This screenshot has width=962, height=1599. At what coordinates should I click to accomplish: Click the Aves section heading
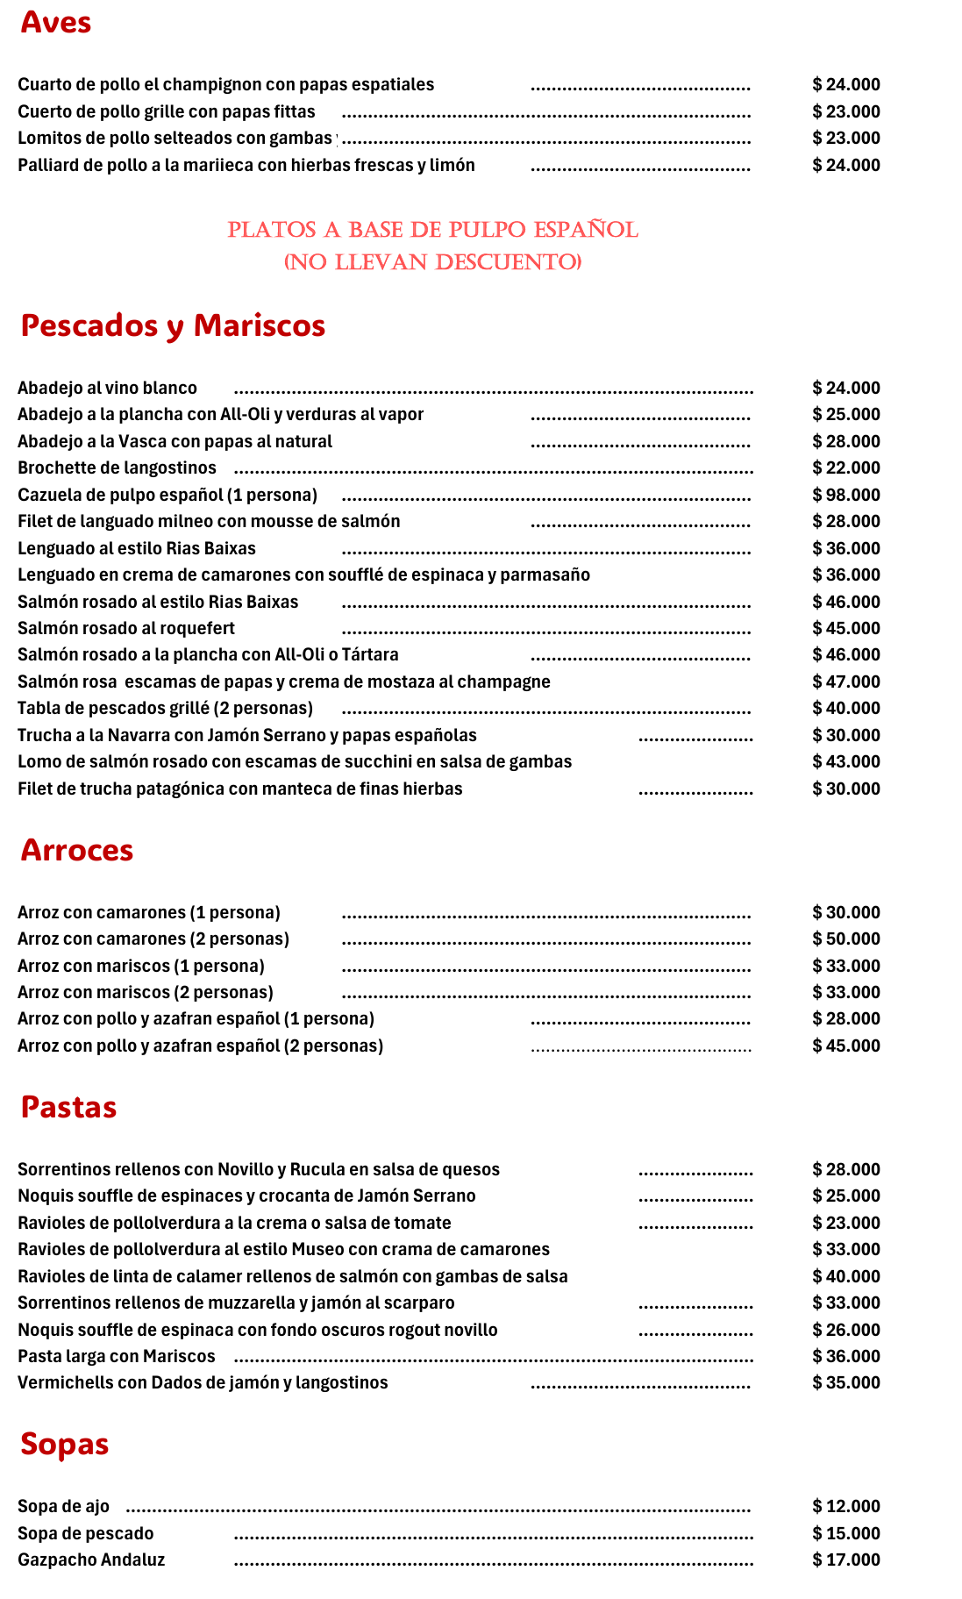pyautogui.click(x=55, y=23)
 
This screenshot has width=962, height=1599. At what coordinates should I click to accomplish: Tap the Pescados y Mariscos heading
pyautogui.click(x=173, y=325)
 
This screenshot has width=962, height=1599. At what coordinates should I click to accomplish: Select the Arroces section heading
pyautogui.click(x=77, y=850)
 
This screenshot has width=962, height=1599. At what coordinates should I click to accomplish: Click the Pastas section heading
pyautogui.click(x=68, y=1107)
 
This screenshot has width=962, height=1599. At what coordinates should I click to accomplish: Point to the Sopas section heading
pyautogui.click(x=64, y=1444)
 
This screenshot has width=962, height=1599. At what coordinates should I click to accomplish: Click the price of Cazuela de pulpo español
pyautogui.click(x=845, y=495)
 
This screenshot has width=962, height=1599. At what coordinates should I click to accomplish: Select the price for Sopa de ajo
pyautogui.click(x=845, y=1506)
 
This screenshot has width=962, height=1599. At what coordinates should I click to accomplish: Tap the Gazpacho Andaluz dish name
pyautogui.click(x=91, y=1560)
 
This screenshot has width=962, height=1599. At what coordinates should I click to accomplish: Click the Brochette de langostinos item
pyautogui.click(x=117, y=468)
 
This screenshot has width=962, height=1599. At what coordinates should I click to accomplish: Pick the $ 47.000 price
pyautogui.click(x=845, y=682)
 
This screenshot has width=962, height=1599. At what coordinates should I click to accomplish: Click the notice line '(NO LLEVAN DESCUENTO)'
pyautogui.click(x=432, y=262)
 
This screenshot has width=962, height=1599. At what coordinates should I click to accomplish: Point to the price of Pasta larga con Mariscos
pyautogui.click(x=845, y=1356)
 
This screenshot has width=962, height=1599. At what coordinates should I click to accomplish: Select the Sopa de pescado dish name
pyautogui.click(x=85, y=1533)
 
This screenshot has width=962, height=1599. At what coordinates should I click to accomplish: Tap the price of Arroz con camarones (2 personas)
pyautogui.click(x=845, y=939)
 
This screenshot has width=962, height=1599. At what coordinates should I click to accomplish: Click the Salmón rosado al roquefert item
pyautogui.click(x=126, y=628)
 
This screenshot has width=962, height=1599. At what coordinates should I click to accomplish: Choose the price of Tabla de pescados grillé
pyautogui.click(x=845, y=708)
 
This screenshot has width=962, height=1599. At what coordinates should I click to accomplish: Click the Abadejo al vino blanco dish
pyautogui.click(x=107, y=388)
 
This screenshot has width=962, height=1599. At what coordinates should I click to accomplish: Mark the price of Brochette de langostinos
pyautogui.click(x=845, y=468)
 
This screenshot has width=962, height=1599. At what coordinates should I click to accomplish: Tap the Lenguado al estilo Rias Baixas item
pyautogui.click(x=137, y=548)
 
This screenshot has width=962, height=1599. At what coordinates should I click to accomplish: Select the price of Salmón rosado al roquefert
pyautogui.click(x=845, y=628)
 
